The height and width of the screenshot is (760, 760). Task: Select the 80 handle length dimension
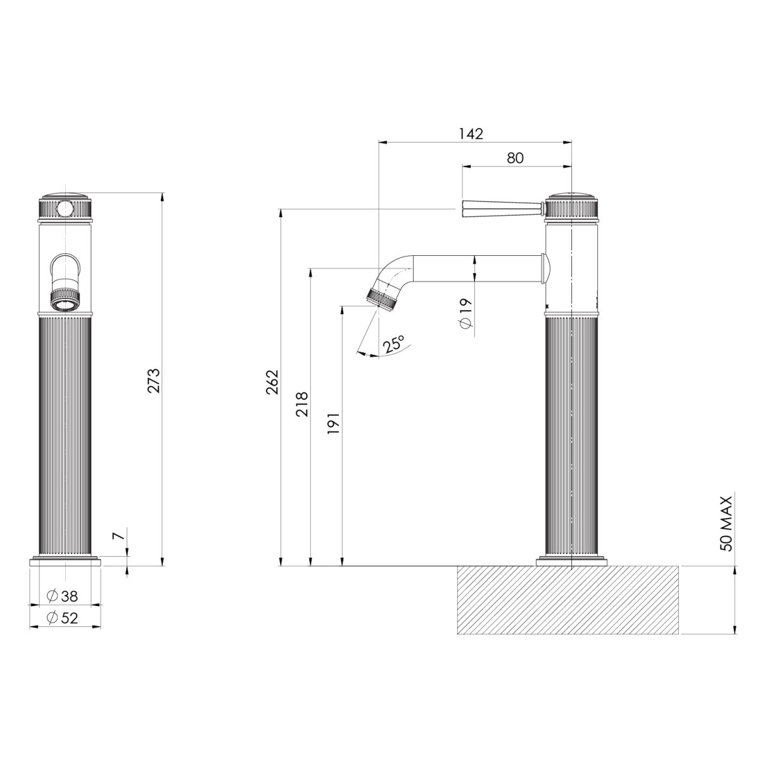tap(515, 158)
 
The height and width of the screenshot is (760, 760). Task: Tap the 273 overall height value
tap(154, 380)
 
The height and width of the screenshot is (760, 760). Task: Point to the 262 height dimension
tap(273, 382)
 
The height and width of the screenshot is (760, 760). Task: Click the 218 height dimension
tap(302, 403)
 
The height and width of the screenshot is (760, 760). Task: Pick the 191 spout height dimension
tap(334, 422)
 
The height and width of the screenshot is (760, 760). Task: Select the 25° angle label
tap(393, 345)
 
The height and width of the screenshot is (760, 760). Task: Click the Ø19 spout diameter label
tap(467, 313)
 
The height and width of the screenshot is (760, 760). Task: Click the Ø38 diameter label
tap(63, 596)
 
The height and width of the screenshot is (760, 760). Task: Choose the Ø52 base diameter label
tap(63, 617)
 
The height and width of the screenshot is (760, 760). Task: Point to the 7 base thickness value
tap(117, 536)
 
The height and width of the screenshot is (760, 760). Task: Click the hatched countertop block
tap(567, 600)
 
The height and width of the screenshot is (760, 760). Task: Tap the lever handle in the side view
tap(500, 207)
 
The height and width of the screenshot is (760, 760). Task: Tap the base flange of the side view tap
tap(572, 561)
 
